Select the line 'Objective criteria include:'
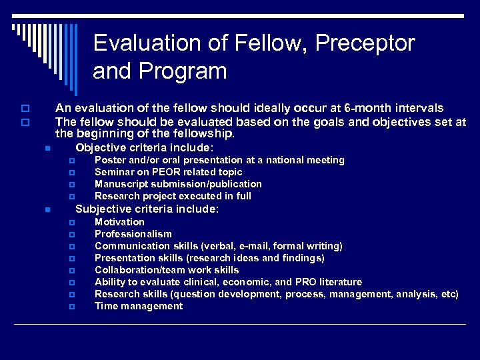(144, 147)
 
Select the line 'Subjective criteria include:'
(147, 209)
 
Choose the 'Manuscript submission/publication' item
(178, 184)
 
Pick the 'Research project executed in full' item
(173, 196)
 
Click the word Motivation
(119, 222)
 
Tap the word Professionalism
(133, 234)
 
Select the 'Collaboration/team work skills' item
(167, 270)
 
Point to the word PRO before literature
(306, 282)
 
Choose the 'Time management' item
(139, 306)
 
